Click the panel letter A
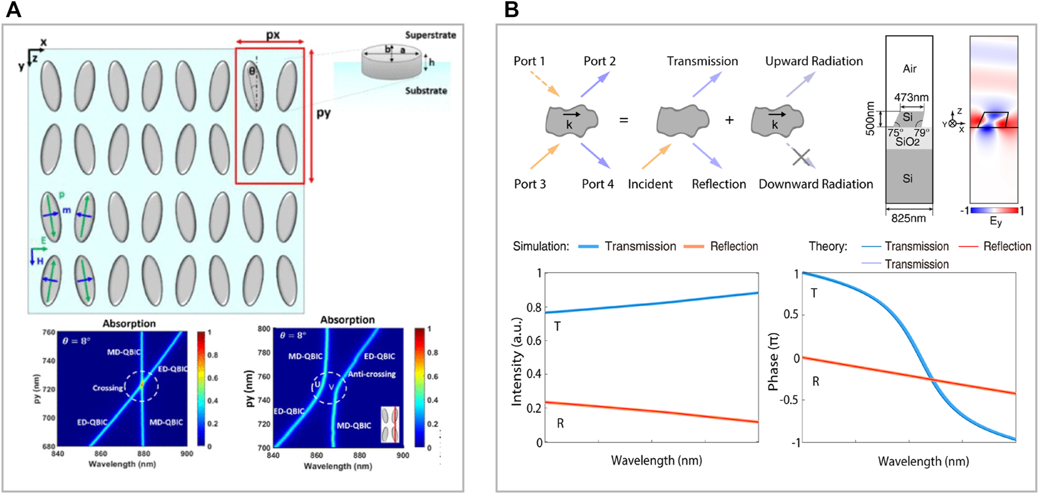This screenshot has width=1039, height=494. point(13,10)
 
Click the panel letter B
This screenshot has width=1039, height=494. point(511,10)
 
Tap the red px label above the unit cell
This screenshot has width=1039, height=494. point(273,35)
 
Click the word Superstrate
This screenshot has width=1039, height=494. point(430,35)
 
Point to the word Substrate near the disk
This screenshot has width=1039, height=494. point(426,91)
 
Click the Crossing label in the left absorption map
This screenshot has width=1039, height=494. point(108,388)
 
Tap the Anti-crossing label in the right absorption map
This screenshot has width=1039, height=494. point(372,374)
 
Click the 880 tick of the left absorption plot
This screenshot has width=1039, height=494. point(144,454)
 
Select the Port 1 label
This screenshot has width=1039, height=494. point(529,61)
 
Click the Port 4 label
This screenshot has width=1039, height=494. point(597,184)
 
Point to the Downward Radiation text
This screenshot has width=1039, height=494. point(816,184)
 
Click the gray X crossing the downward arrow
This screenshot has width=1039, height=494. point(801,157)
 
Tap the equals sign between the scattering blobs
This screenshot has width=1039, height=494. point(624,120)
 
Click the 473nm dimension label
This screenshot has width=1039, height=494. point(911,97)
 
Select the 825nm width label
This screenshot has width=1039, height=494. point(908,218)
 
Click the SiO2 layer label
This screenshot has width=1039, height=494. point(907,141)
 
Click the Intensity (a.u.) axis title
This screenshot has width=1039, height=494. point(517,361)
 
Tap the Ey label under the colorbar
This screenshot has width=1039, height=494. point(995,221)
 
